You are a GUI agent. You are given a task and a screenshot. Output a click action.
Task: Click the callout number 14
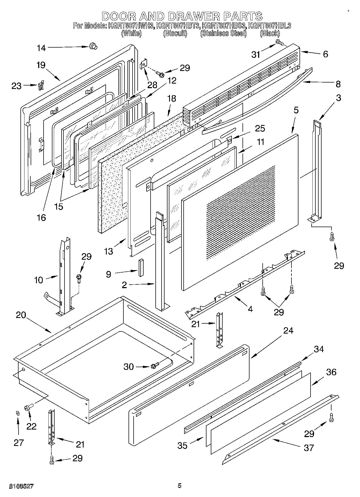tap(41, 48)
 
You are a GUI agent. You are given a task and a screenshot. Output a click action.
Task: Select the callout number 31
tap(256, 54)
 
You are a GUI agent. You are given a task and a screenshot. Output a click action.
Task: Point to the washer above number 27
tap(17, 413)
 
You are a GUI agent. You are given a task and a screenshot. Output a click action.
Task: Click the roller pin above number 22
tap(28, 408)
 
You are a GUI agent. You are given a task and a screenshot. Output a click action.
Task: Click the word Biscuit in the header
tap(175, 33)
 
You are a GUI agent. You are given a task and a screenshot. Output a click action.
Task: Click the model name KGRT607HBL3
tap(269, 26)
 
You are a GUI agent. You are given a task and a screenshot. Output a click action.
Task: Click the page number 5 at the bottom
tap(179, 485)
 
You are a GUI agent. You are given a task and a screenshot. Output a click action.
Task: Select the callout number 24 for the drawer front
tap(288, 330)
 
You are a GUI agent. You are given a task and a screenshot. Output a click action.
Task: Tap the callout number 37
tap(309, 448)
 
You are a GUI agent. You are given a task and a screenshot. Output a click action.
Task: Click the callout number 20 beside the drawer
tap(21, 315)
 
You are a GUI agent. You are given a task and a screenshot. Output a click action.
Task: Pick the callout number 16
tap(41, 217)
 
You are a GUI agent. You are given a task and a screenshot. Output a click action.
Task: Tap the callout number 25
tap(260, 128)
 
